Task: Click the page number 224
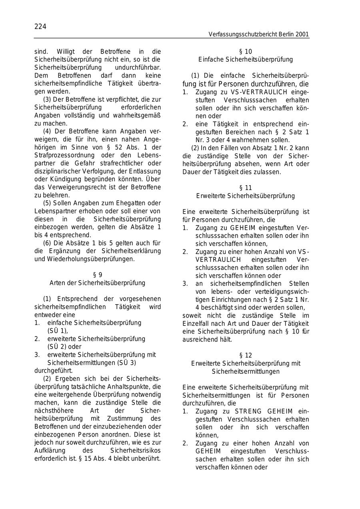(x=40, y=27)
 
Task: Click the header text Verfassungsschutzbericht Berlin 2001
(x=258, y=35)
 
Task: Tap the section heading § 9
(x=97, y=275)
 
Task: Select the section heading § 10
(x=245, y=52)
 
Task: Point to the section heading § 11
(x=245, y=188)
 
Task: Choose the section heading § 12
(x=245, y=355)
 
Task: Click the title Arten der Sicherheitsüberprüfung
(x=97, y=283)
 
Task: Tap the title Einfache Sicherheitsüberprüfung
(x=245, y=60)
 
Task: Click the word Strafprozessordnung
(x=61, y=155)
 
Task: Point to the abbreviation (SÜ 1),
(x=58, y=331)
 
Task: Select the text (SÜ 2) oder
(x=64, y=347)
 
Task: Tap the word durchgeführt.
(x=53, y=371)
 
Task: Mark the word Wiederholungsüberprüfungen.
(x=90, y=259)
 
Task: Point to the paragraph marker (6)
(x=47, y=243)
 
